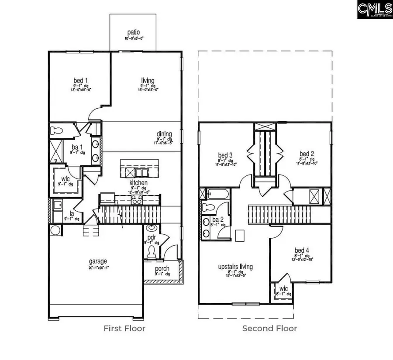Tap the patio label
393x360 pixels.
pyautogui.click(x=133, y=32)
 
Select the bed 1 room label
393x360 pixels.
pyautogui.click(x=79, y=81)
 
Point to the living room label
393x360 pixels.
pyautogui.click(x=148, y=80)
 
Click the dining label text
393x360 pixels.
pyautogui.click(x=165, y=134)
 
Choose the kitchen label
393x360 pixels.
pyautogui.click(x=138, y=182)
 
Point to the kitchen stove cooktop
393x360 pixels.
pyautogui.click(x=136, y=200)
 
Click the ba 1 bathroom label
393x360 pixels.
pyautogui.click(x=75, y=147)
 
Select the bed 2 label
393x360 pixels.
pyautogui.click(x=307, y=154)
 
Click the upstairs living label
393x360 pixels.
pyautogui.click(x=235, y=266)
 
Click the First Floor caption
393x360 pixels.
pyautogui.click(x=124, y=328)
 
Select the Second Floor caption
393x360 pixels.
pyautogui.click(x=269, y=328)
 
